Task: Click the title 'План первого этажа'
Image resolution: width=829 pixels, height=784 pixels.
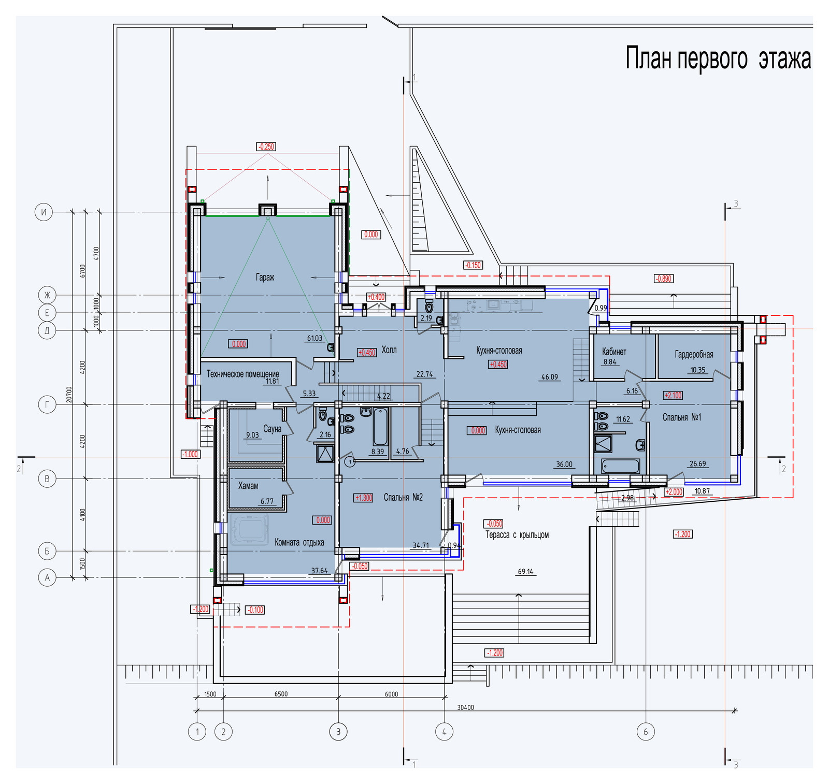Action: point(718,58)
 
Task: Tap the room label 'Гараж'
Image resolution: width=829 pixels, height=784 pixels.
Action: point(265,277)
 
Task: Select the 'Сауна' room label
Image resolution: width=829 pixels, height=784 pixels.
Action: point(272,429)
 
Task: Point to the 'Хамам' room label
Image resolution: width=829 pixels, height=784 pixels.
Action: point(248,486)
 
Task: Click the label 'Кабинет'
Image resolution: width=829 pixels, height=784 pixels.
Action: point(614,352)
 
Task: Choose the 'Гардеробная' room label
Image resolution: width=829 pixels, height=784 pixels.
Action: point(694,354)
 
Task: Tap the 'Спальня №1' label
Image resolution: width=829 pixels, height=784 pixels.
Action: point(682,417)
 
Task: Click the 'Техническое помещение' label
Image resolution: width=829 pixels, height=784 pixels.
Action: point(242,374)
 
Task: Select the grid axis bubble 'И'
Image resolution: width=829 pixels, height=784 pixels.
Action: point(44,212)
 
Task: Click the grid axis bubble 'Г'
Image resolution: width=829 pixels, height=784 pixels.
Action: point(47,404)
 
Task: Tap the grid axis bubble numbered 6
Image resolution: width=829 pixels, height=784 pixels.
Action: point(646,732)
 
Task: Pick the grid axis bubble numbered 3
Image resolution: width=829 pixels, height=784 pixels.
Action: point(338,732)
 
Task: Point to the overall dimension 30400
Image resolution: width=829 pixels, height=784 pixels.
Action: point(465,707)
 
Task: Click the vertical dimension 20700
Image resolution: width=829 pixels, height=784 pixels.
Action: point(69,397)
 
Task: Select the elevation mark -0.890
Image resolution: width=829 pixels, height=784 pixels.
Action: point(663,279)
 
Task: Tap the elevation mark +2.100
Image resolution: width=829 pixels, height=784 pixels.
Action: point(673,395)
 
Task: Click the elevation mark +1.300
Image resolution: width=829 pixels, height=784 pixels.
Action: point(363,498)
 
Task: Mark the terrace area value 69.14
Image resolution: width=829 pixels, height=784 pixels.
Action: point(525,572)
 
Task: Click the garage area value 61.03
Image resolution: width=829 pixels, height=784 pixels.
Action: point(315,338)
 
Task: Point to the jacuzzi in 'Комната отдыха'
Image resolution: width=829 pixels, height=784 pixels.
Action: point(250,530)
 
